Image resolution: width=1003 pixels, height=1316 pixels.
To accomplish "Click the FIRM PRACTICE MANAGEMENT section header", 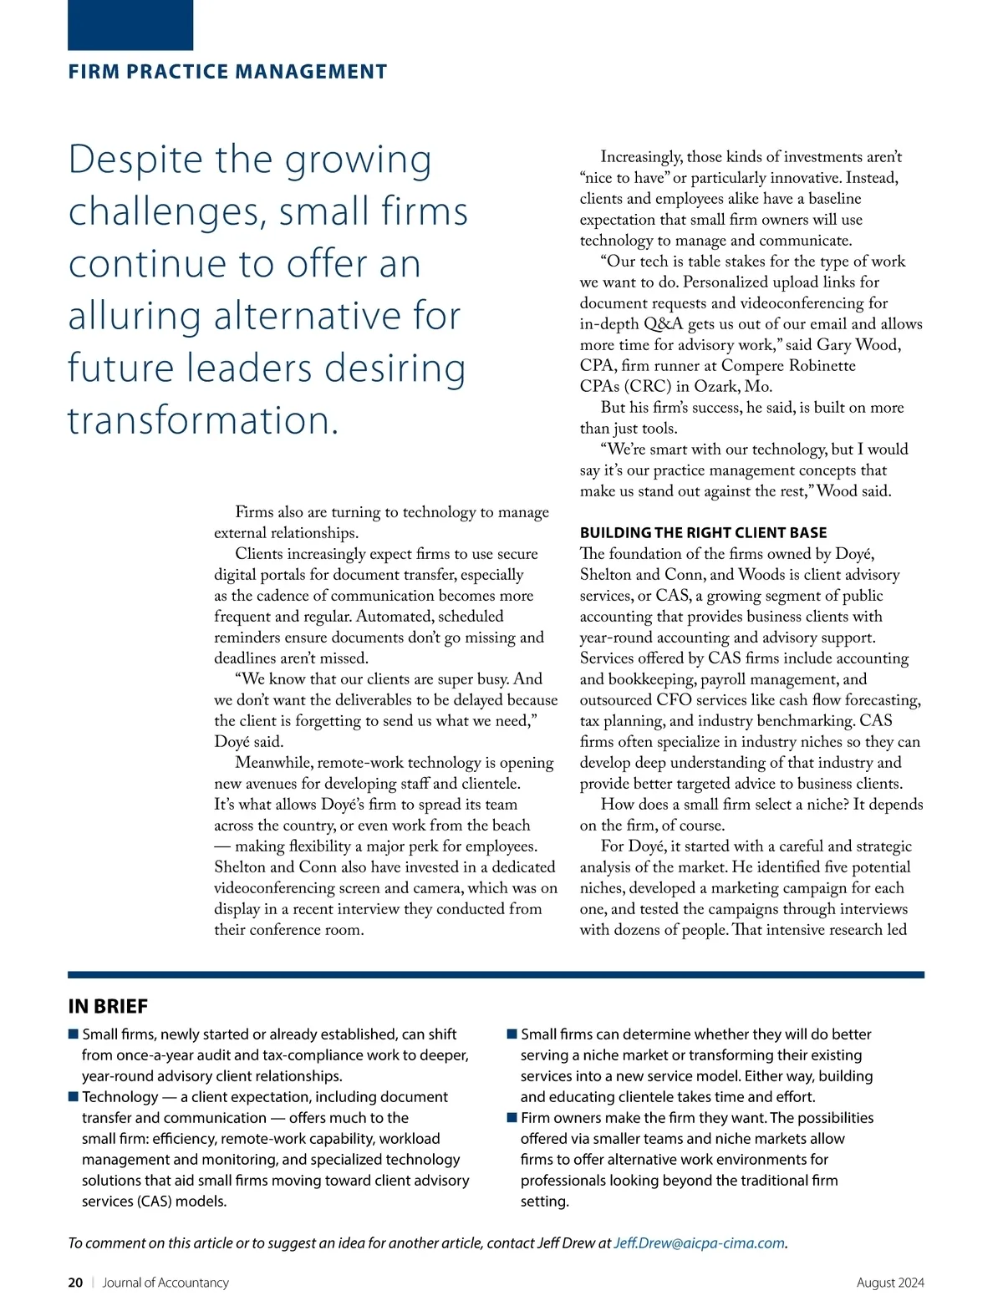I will pos(227,72).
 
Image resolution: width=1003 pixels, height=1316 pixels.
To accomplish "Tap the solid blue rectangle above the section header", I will pos(130,25).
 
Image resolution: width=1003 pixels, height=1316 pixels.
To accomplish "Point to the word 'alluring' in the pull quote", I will pos(135,317).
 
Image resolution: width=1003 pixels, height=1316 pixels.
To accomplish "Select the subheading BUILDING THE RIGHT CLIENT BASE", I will pos(703,532).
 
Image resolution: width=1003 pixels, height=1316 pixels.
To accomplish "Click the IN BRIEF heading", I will pos(108,1006).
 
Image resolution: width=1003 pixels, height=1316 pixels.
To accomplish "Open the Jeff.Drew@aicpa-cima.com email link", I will pos(699,1242).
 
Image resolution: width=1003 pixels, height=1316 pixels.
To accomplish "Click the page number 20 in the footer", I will pos(75,1283).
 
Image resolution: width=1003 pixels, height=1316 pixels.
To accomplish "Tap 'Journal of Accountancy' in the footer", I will pos(165,1283).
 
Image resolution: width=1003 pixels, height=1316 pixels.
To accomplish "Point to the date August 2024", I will pos(890,1283).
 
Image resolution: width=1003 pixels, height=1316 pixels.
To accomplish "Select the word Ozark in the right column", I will pos(716,386).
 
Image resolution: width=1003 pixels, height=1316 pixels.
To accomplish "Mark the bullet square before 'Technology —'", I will pos(74,1096).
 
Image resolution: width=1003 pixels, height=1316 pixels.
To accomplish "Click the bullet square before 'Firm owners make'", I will pos(512,1117).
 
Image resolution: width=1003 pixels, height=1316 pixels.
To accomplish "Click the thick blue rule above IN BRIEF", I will pos(496,974).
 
